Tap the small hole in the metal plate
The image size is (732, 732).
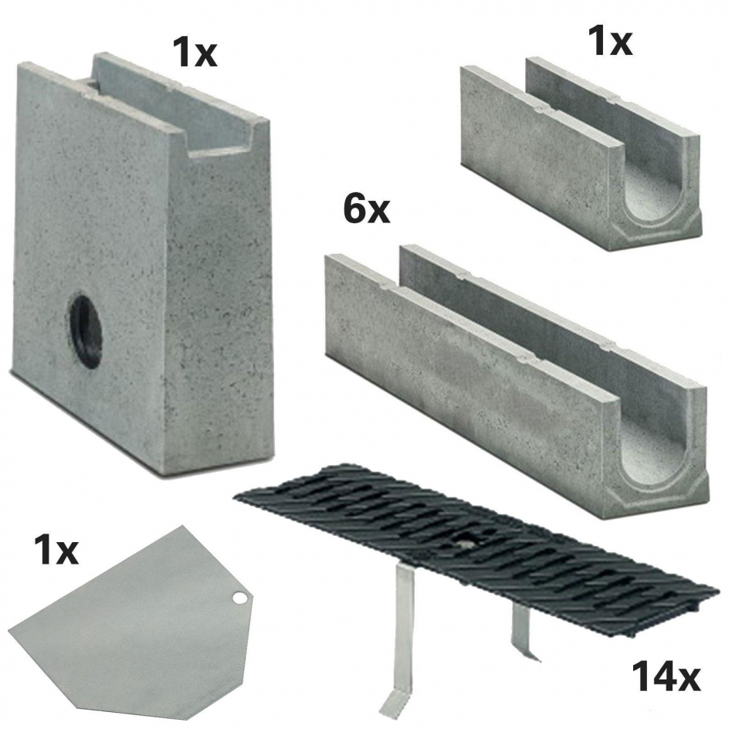(239, 598)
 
